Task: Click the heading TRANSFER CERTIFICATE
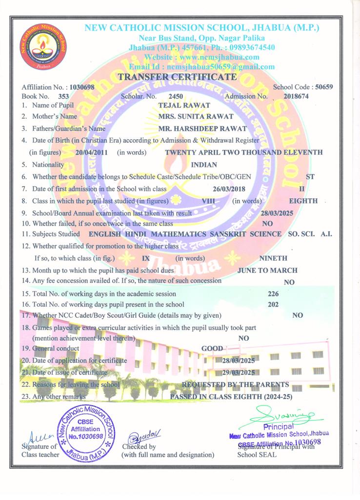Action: tap(178, 77)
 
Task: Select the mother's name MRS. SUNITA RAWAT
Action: tap(189, 116)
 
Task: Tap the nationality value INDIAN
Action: tap(204, 165)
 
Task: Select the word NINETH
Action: tap(274, 258)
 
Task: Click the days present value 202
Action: tap(274, 305)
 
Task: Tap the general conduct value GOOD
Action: tap(212, 349)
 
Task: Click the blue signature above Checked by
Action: tap(140, 436)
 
